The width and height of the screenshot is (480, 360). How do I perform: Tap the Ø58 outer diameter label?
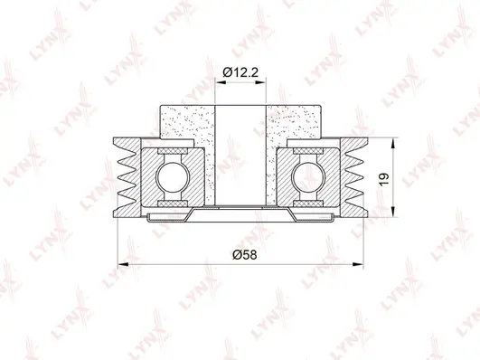[240, 255]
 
